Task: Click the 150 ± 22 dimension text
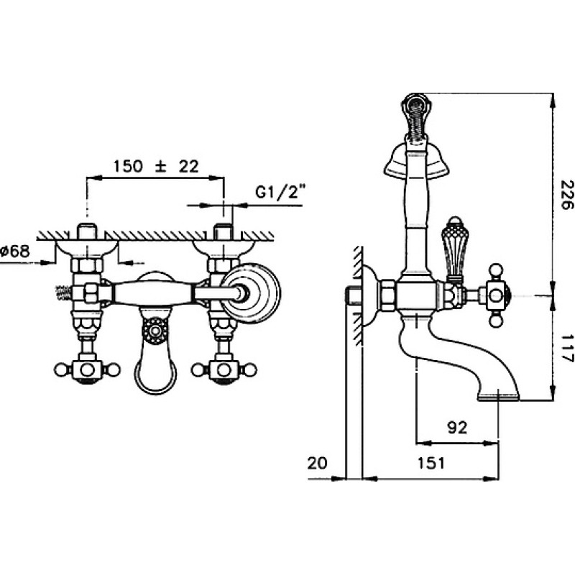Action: pos(156,166)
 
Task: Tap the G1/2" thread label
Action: pos(280,192)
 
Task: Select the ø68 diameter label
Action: pos(14,251)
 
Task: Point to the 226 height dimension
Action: pos(566,194)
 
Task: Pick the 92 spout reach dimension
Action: pos(457,428)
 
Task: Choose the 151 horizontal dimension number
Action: pos(431,463)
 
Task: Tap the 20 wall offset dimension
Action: pos(317,463)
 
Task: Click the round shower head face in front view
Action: pos(251,293)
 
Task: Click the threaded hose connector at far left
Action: pos(64,293)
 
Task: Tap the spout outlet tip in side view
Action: pos(499,397)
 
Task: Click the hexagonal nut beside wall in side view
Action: pos(387,296)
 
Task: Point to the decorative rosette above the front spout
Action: pos(155,331)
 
